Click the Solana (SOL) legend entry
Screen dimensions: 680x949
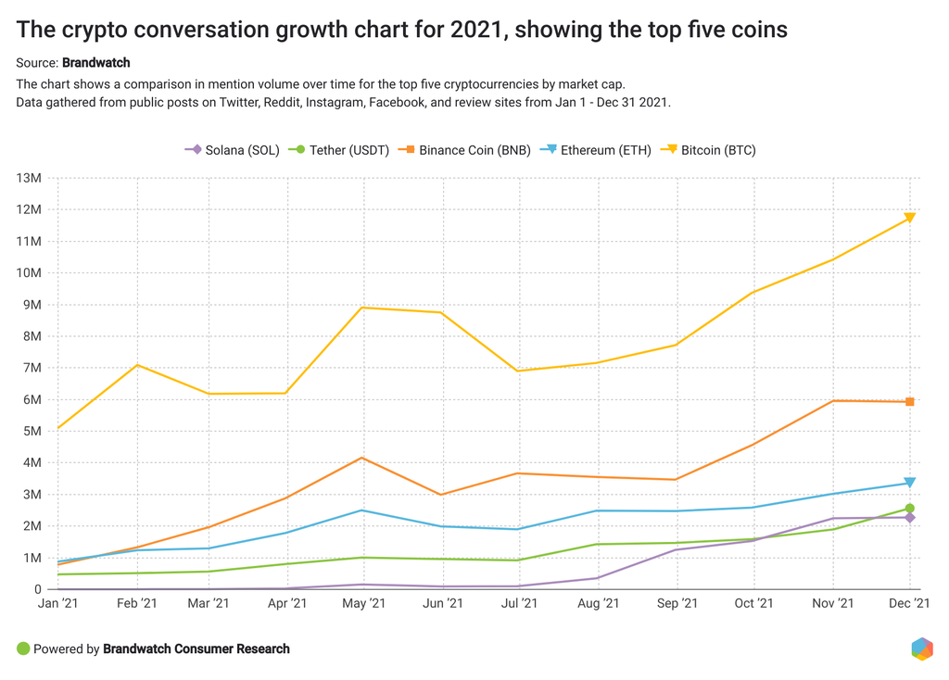(x=232, y=149)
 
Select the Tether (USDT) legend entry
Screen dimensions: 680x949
(x=338, y=149)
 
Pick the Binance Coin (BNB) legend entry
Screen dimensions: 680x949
(x=464, y=149)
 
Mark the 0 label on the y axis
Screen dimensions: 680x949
(x=37, y=589)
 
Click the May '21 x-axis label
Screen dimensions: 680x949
(x=365, y=604)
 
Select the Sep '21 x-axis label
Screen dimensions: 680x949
(x=677, y=604)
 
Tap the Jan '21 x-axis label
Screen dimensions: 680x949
(x=58, y=604)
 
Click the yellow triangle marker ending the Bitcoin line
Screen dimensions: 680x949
(x=910, y=218)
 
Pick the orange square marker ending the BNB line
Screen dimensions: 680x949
(x=910, y=402)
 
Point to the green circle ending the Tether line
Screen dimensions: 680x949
(x=910, y=509)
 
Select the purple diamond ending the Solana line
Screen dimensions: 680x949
(x=910, y=518)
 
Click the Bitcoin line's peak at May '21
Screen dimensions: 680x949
(x=362, y=308)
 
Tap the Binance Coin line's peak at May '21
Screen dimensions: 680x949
(x=362, y=458)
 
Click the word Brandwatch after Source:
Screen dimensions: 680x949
(x=95, y=63)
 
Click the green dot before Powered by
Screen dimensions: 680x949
(x=23, y=649)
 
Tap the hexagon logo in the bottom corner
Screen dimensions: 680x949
(x=921, y=649)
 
